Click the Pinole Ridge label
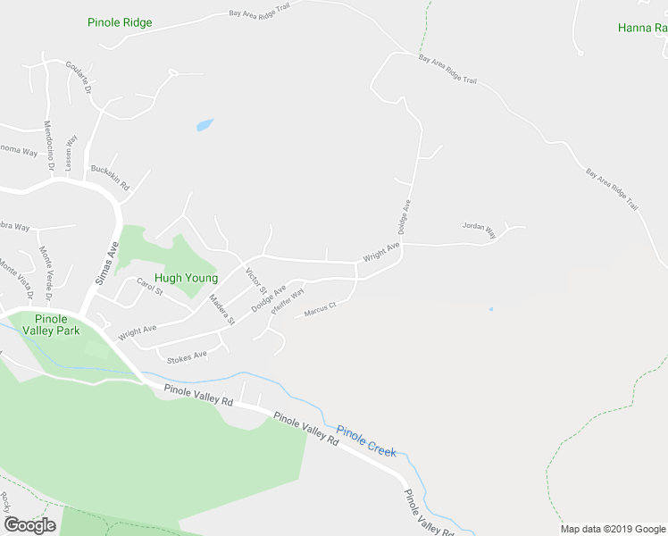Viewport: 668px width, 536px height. click(120, 22)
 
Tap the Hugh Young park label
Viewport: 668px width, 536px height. click(186, 278)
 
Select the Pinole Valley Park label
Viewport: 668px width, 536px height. click(57, 324)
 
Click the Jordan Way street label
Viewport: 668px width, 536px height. click(479, 227)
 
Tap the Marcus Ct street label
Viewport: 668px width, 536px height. click(319, 310)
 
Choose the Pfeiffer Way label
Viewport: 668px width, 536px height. click(288, 299)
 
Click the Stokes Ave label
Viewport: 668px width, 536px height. click(188, 355)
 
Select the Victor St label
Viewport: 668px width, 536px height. click(256, 281)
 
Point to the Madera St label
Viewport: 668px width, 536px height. click(221, 309)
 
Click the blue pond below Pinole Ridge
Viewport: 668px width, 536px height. click(205, 125)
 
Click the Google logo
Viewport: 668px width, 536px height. click(29, 525)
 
